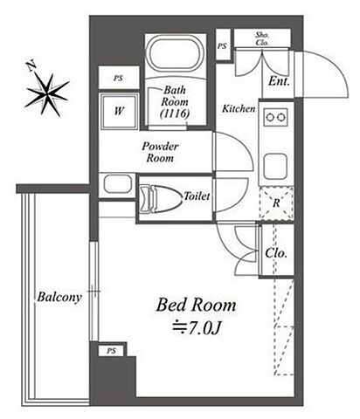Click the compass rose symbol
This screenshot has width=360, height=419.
click(47, 93)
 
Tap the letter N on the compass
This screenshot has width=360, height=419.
click(31, 66)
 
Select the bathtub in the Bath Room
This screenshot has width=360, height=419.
click(176, 55)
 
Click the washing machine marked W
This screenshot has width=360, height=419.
click(119, 111)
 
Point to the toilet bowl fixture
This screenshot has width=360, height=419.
click(159, 198)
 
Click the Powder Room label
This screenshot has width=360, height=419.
click(160, 152)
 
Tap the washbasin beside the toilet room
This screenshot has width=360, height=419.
click(117, 183)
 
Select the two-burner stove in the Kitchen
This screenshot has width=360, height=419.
click(275, 117)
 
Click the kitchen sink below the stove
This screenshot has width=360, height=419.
click(275, 168)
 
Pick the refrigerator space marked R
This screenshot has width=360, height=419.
click(276, 203)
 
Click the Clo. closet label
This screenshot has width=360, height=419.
click(276, 253)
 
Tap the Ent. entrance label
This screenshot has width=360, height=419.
click(279, 81)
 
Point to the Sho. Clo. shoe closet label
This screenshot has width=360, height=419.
click(262, 38)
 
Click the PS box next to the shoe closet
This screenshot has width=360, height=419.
click(223, 46)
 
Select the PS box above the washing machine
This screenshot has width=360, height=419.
click(119, 78)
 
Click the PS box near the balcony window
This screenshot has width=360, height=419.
click(112, 351)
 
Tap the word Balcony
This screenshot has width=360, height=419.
click(59, 298)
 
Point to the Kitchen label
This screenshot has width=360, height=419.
click(239, 109)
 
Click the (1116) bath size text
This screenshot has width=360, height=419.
click(175, 113)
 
